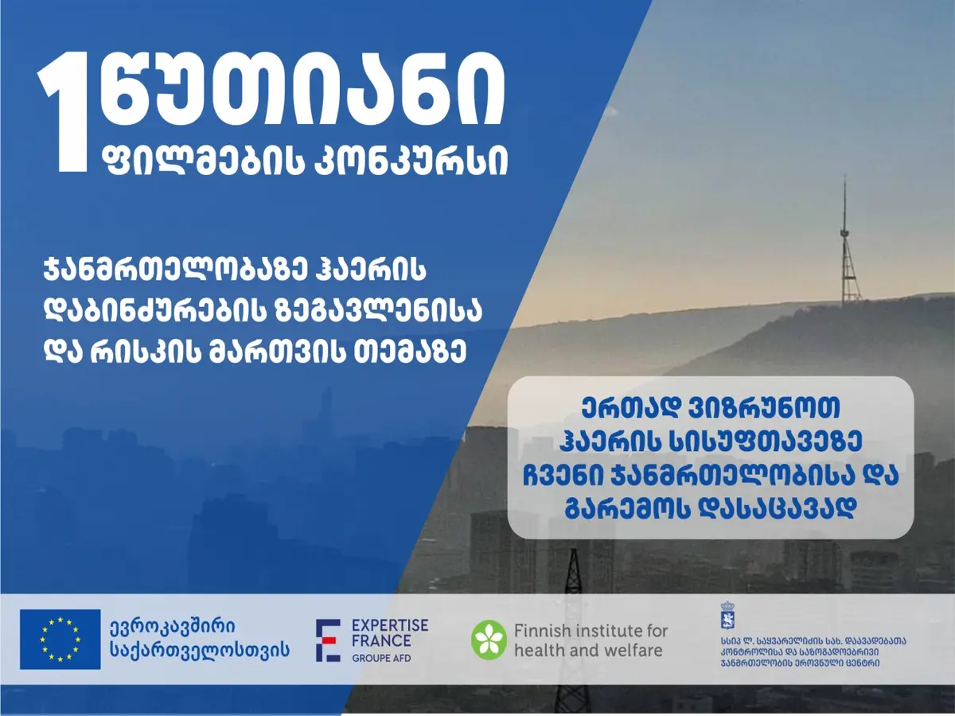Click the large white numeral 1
pos(65,112)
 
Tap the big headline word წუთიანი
pos(303,89)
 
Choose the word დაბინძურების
pos(160,311)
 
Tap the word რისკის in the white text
pos(146,353)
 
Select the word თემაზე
pos(410,353)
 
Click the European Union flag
pos(60,639)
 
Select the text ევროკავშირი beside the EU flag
pos(172,627)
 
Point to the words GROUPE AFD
pos(381,658)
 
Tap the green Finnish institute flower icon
pos(489,640)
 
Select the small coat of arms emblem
pos(727,615)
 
